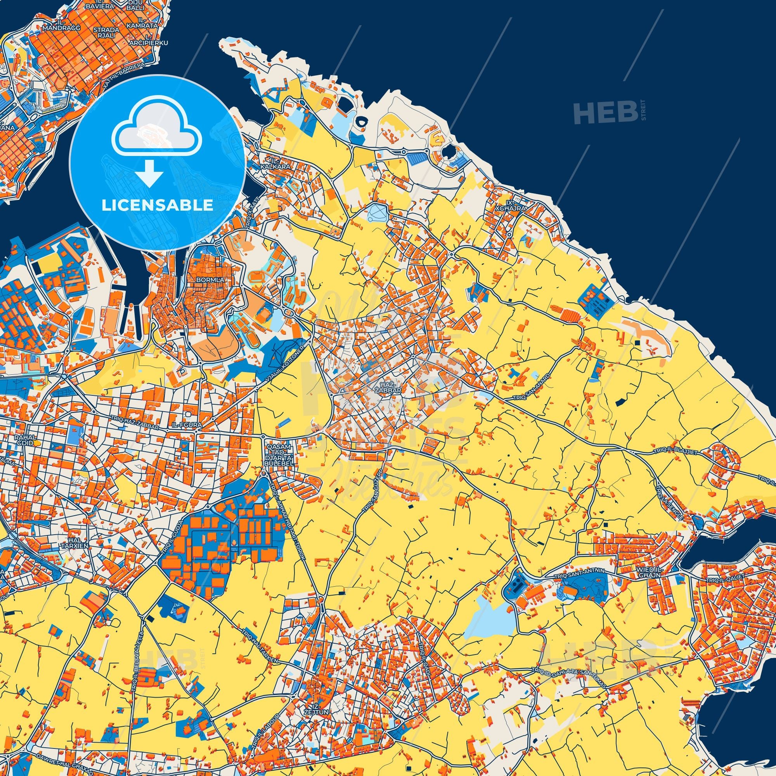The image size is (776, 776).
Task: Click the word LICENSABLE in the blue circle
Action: [157, 205]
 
